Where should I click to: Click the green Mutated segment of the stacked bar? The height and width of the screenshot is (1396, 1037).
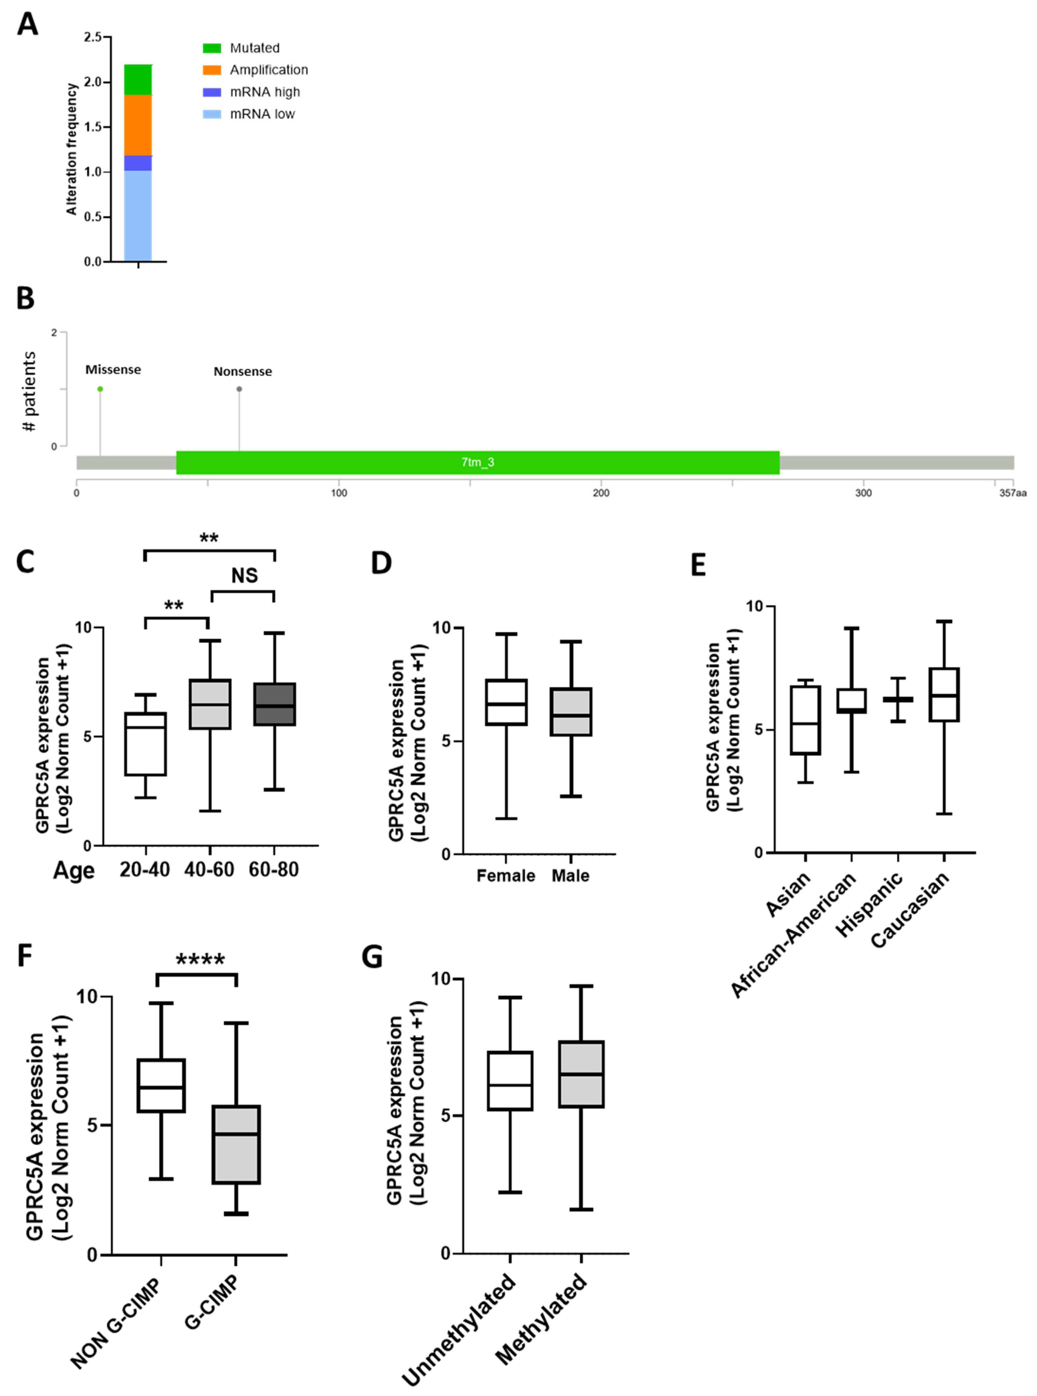pos(138,80)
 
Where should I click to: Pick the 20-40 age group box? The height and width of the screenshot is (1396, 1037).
pos(146,744)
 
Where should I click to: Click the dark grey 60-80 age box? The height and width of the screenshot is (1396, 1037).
pos(274,704)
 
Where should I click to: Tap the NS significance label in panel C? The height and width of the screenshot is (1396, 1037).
pos(244,575)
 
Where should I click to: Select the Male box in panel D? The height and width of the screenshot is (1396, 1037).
pos(571,712)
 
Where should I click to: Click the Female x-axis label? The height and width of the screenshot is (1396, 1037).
pos(505,876)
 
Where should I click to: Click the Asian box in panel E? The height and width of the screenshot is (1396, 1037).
pos(805,720)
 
